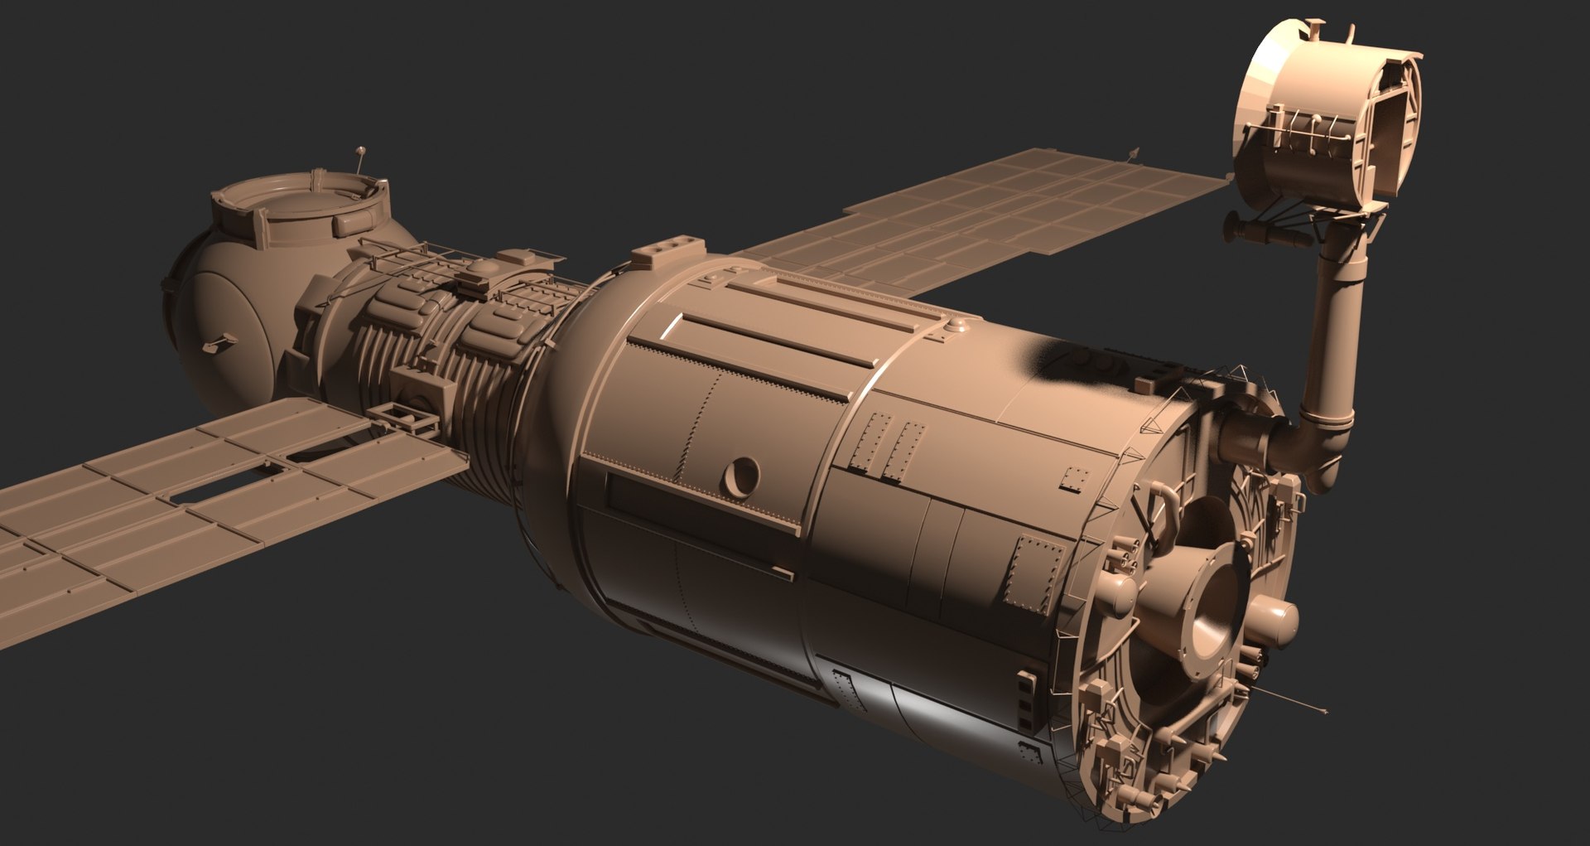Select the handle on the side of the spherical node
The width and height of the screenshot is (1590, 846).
(218, 341)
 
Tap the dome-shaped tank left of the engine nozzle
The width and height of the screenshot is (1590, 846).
(1119, 594)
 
